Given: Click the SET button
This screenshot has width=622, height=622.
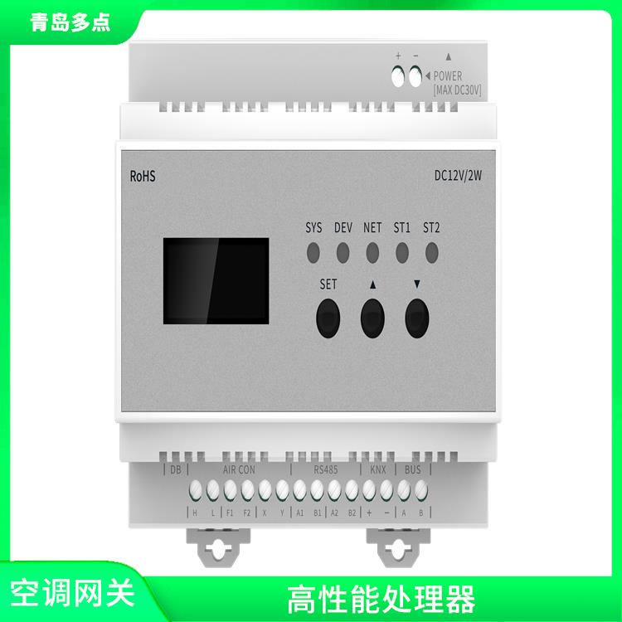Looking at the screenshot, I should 328,317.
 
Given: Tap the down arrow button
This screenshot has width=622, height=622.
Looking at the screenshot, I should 417,317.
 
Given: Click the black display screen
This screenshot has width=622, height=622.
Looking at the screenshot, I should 216,280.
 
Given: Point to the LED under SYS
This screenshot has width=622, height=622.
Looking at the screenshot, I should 313,250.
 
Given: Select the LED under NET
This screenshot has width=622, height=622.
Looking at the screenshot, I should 372,250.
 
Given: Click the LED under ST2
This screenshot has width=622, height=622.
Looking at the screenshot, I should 431,250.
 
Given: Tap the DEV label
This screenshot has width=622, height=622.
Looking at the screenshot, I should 343,227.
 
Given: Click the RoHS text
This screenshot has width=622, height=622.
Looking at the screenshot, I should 143,176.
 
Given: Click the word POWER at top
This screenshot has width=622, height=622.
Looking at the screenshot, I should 448,76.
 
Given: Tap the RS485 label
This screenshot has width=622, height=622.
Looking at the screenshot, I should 326,469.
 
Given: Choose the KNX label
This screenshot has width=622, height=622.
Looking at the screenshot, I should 378,469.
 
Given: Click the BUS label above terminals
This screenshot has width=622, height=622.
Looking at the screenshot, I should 412,469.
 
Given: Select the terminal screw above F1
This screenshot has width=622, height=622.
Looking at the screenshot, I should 230,489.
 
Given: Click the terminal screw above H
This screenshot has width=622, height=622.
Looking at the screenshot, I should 196,489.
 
